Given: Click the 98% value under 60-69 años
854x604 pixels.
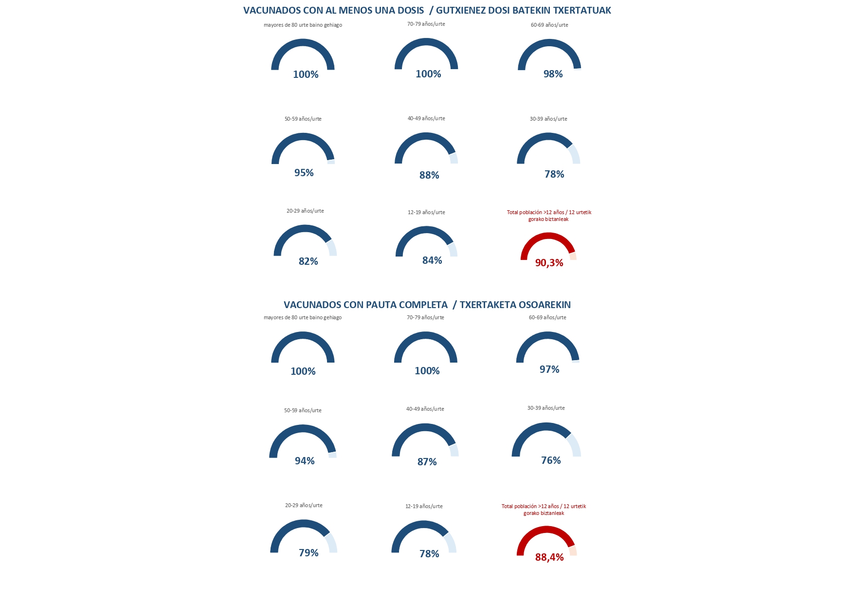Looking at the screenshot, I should tap(553, 74).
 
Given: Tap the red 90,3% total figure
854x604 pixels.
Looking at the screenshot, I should tap(549, 263).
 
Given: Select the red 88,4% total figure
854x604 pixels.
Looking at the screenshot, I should tap(549, 557).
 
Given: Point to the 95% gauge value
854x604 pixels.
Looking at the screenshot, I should tap(304, 173).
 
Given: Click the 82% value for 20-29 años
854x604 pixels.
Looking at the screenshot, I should tap(308, 261).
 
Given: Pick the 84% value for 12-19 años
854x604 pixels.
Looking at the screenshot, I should tap(432, 260).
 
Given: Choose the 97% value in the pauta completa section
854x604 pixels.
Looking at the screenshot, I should tap(549, 369).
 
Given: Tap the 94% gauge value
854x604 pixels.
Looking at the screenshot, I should tap(305, 461).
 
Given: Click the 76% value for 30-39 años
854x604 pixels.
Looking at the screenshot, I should tap(551, 460).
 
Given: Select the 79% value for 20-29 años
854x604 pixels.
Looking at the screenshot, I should tap(309, 553).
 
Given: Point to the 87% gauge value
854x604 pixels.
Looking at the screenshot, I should tap(427, 462).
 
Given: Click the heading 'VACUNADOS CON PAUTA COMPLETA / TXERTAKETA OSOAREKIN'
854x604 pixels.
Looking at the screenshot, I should tap(427, 305).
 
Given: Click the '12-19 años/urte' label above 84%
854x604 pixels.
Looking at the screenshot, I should tap(426, 212).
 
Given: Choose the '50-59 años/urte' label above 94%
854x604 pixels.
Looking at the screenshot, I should tap(303, 410).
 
